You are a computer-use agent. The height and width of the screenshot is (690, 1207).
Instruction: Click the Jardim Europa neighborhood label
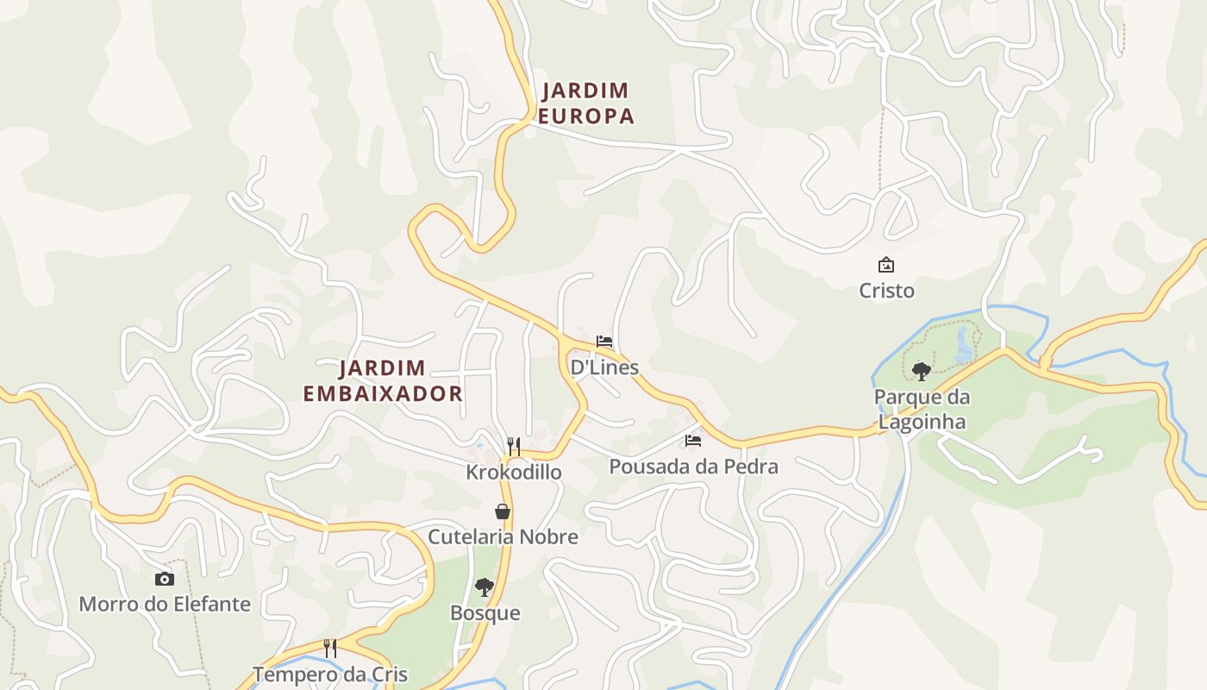[x=585, y=103]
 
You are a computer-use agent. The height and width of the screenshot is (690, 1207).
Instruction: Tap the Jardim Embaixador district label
[x=383, y=381]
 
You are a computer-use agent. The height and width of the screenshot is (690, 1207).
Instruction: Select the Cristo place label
[x=886, y=291]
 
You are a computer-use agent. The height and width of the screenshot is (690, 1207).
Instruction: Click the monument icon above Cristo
[x=885, y=265]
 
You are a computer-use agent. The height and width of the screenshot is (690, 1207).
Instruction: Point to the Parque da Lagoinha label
[x=922, y=410]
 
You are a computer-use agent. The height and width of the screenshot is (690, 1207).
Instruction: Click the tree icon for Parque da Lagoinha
[x=921, y=372]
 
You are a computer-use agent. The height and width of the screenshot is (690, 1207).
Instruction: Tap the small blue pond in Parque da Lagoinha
[x=962, y=346]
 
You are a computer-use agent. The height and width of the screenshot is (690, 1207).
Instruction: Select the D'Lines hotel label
[x=604, y=367]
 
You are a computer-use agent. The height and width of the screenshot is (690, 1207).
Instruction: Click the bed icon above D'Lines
[x=604, y=342]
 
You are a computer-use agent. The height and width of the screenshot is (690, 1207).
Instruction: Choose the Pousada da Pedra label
[x=693, y=467]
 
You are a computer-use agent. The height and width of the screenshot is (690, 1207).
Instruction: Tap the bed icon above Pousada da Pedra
[x=693, y=441]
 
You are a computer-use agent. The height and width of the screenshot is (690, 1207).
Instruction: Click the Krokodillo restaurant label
[x=514, y=473]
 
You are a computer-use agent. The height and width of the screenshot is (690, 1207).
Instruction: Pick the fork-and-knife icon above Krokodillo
[x=514, y=446]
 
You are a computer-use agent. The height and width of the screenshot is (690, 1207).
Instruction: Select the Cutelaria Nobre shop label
[x=503, y=537]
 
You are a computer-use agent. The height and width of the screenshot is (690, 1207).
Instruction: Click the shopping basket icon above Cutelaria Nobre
[x=503, y=511]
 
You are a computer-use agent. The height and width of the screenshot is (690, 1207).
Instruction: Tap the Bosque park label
[x=485, y=613]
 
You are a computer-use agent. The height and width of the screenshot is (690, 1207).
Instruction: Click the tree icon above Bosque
[x=485, y=587]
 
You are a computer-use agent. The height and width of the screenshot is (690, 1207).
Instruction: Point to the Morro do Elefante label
[x=165, y=605]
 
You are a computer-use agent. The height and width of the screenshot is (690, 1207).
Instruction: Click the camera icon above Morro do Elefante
[x=164, y=579]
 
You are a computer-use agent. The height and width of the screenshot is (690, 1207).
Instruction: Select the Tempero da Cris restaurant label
[x=330, y=674]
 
